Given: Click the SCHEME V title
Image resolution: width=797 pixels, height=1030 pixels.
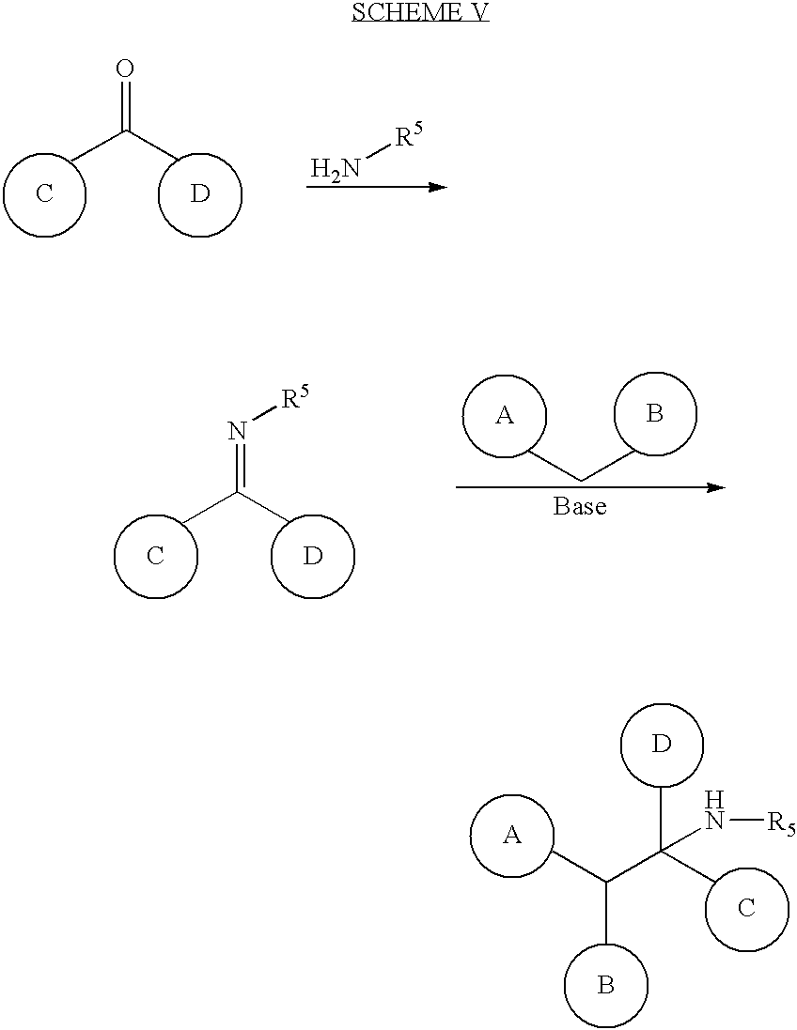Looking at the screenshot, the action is [420, 12].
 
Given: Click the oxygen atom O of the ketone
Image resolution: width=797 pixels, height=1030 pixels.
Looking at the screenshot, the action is [125, 69].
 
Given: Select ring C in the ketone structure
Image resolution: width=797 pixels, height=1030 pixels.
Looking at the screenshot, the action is [44, 194].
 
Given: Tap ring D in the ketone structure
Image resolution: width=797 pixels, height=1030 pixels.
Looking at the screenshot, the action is [200, 194].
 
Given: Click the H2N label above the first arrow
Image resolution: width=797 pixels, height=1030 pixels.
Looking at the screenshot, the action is [336, 169].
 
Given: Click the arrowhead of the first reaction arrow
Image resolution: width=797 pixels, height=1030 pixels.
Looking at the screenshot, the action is [438, 187].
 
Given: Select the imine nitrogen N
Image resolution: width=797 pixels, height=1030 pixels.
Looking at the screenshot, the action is [238, 432].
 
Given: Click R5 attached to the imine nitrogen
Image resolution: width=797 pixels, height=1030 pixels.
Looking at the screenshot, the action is [295, 399].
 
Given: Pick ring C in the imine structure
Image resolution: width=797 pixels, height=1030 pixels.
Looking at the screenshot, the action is [156, 557].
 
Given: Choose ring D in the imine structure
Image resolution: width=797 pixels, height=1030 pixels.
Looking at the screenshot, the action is [313, 557].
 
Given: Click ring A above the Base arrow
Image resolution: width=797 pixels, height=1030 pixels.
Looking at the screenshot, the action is [505, 415].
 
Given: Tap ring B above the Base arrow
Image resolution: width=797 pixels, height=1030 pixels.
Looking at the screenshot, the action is [655, 414].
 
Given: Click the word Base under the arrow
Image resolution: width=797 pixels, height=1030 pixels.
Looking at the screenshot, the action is [580, 506].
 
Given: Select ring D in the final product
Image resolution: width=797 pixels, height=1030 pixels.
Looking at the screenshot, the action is [662, 745].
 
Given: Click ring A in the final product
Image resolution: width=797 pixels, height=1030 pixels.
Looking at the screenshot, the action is [511, 836].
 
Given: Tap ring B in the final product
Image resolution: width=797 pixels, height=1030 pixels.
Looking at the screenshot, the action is [605, 986].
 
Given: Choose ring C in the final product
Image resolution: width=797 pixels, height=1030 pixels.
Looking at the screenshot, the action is [747, 909].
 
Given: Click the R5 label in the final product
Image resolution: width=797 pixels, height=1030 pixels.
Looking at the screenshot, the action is [781, 823].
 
